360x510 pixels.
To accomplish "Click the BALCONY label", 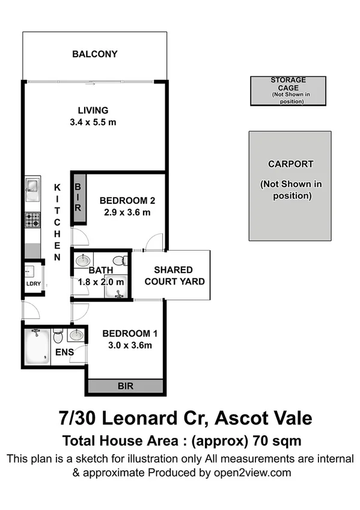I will click(94, 54).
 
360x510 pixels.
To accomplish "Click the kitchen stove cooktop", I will click(32, 220).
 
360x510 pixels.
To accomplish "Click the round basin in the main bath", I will click(83, 261).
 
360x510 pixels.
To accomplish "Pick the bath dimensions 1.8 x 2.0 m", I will click(101, 282).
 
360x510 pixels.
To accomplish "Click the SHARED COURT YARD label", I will click(173, 275).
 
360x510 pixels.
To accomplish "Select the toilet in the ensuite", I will click(58, 335).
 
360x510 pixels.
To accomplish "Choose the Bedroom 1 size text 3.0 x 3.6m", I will click(126, 345).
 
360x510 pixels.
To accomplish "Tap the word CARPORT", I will click(290, 164).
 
